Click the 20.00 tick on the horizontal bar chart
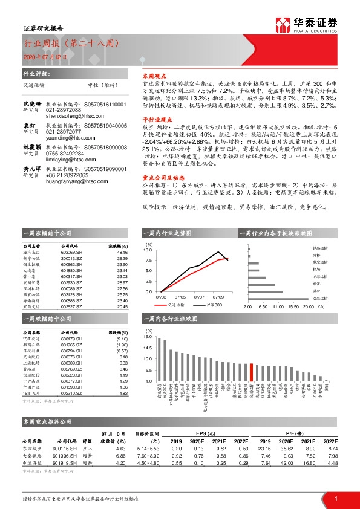(x=308, y=307)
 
